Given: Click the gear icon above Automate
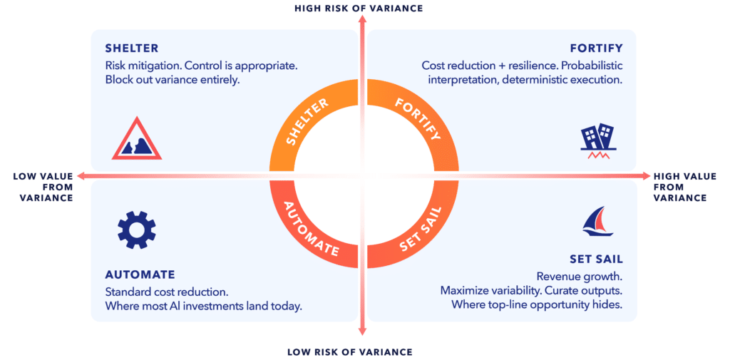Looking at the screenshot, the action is pos(137,229).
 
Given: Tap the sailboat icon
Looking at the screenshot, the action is pos(600,221).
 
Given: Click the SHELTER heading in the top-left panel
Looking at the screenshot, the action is pos(132,48).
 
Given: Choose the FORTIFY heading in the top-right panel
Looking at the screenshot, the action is pos(597,48).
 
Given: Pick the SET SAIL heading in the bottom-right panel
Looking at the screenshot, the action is pos(596,259).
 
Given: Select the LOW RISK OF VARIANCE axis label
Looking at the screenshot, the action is pos(349,351).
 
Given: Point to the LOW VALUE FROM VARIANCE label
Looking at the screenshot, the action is pos(43,187).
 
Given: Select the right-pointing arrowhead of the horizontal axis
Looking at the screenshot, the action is pos(646,175).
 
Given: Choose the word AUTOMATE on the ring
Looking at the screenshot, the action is pos(311,229).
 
